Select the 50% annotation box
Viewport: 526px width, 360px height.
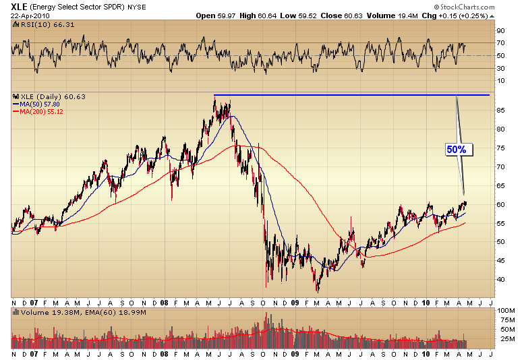click(455, 149)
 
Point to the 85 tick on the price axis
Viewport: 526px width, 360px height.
click(501, 109)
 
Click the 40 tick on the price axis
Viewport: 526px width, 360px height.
click(501, 279)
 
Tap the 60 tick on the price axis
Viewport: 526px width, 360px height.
click(501, 204)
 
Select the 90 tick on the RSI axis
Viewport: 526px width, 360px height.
click(501, 31)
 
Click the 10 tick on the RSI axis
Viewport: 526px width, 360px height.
click(501, 81)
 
